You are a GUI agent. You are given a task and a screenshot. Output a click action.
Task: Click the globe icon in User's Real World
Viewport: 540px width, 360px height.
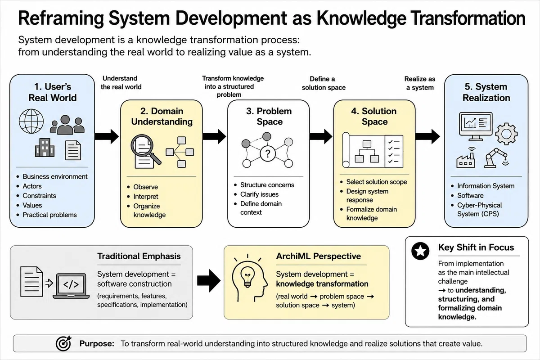(x=31, y=121)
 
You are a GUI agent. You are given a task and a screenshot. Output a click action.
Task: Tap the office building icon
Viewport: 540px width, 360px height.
(x=45, y=148)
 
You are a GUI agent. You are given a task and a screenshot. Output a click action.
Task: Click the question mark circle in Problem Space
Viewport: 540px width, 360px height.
(x=268, y=153)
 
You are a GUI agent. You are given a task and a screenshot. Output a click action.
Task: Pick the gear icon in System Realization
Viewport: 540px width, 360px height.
(x=507, y=134)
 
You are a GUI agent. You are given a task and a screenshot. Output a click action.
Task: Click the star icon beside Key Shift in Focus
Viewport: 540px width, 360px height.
(x=420, y=251)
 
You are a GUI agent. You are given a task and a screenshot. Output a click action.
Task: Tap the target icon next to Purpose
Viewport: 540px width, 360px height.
(x=63, y=343)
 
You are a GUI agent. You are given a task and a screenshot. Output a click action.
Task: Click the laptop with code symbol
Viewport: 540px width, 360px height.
(x=71, y=286)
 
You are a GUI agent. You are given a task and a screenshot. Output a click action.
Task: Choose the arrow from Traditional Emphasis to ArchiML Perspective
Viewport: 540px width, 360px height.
(x=209, y=281)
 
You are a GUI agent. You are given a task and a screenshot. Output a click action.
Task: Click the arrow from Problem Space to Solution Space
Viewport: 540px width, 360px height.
(x=321, y=136)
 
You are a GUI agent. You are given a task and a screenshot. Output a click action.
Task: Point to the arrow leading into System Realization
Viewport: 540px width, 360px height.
(x=427, y=136)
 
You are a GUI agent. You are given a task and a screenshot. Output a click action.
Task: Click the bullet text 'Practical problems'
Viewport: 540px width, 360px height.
(x=49, y=215)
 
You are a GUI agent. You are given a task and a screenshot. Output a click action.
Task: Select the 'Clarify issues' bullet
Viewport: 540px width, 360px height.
(x=259, y=194)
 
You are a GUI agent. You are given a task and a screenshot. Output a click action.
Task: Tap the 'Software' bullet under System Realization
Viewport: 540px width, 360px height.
(x=470, y=196)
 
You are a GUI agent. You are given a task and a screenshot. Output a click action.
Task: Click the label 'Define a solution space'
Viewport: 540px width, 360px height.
(x=324, y=83)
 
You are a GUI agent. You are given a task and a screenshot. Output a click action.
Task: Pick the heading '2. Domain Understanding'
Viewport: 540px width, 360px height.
(x=162, y=116)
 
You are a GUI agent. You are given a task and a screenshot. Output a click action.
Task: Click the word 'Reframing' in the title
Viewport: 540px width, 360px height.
(x=61, y=19)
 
